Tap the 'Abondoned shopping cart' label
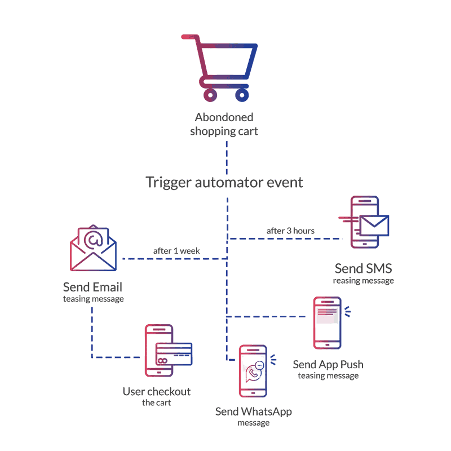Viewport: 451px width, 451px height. tap(224, 124)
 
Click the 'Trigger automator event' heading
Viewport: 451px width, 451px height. tap(224, 183)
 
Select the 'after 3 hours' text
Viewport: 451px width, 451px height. tap(290, 231)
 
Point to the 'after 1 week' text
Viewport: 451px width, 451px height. tap(176, 250)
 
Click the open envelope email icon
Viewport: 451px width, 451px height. tap(93, 248)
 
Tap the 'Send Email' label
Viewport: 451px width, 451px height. tap(93, 286)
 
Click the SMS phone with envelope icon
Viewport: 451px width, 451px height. tap(364, 223)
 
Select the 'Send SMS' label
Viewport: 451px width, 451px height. tap(363, 268)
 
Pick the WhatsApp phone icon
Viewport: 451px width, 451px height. tap(253, 372)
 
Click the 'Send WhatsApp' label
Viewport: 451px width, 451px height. tap(254, 412)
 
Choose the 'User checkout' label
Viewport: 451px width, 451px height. tap(157, 392)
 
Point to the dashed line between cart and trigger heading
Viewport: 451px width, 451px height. tap(227, 157)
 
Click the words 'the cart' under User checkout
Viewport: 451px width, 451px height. tap(156, 403)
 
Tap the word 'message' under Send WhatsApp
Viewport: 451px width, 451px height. tap(254, 423)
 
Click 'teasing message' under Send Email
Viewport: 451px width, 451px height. tap(93, 299)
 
